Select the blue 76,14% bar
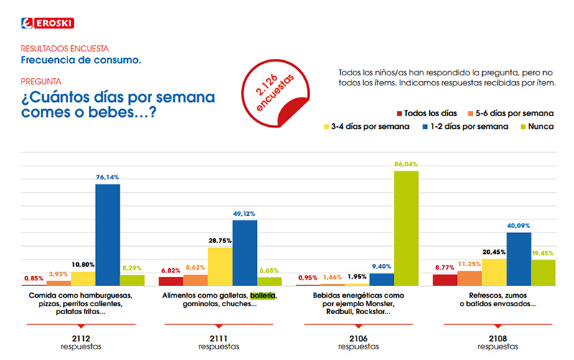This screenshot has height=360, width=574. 108,234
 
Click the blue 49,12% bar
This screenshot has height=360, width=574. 245,252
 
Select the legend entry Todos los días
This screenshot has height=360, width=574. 426,113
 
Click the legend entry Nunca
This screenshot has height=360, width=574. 539,127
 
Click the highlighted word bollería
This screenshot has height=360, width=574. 263,295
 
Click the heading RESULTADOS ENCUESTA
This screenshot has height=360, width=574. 65,48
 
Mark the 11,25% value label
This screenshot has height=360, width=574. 469,264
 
